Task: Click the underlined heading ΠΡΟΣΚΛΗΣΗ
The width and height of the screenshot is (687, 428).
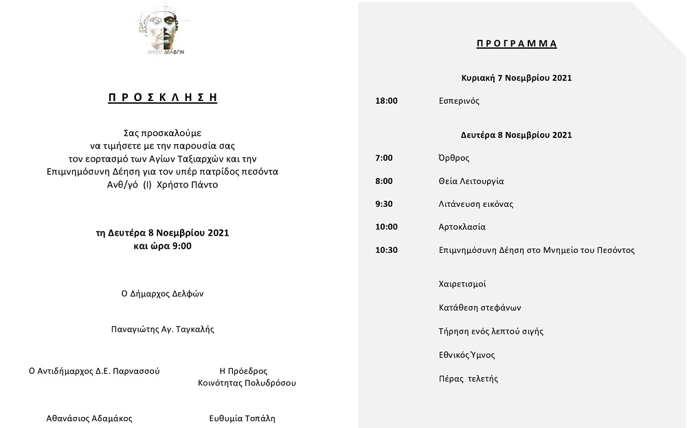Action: [163, 98]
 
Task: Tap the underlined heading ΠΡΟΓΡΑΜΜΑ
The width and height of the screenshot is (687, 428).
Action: [517, 44]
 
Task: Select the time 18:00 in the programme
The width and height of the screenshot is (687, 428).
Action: [386, 101]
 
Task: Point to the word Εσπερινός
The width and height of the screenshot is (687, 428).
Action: [459, 101]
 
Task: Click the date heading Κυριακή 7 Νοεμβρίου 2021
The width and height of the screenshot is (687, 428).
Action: [516, 78]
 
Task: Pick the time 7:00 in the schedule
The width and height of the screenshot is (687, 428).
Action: [384, 158]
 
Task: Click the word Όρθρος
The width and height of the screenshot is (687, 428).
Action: [454, 158]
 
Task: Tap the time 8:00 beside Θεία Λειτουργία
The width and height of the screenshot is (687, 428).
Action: [384, 181]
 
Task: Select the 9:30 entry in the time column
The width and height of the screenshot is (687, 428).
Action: [384, 204]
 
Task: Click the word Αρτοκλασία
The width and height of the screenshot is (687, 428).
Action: [462, 227]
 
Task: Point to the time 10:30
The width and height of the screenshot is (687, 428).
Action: [386, 250]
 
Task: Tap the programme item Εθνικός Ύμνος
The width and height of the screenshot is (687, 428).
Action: [466, 355]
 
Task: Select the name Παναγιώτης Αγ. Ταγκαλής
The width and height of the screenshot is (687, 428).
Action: [163, 329]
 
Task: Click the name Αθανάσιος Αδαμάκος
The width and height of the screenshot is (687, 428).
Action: [89, 418]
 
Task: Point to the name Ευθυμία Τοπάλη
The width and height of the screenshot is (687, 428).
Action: [243, 418]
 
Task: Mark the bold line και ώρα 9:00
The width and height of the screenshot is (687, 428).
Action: [163, 245]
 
